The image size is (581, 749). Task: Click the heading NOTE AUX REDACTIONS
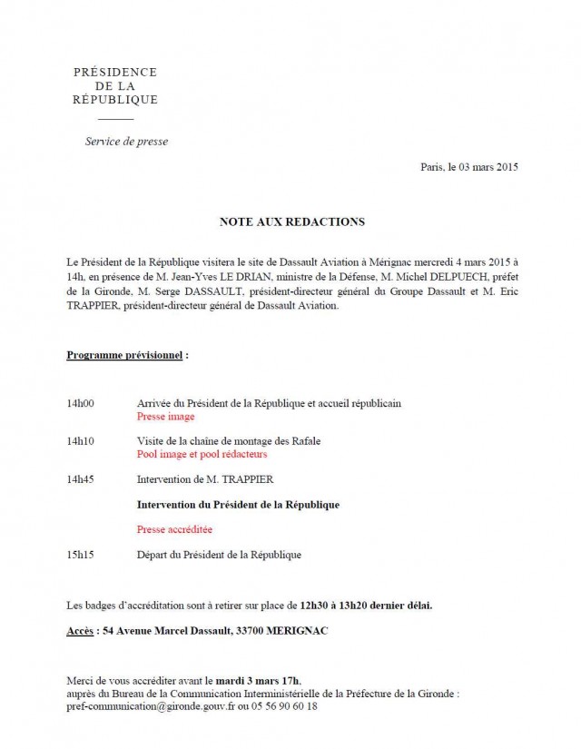(x=290, y=222)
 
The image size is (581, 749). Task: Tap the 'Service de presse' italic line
(x=126, y=142)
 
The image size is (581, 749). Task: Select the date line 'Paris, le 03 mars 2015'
(x=469, y=167)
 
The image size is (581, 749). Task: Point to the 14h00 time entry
(x=81, y=402)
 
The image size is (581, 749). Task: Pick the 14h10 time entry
(x=81, y=440)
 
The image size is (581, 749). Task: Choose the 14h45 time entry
(x=81, y=478)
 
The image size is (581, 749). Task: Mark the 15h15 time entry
(x=81, y=554)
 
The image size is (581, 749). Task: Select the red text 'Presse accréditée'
(x=174, y=528)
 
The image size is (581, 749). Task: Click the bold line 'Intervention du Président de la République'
(x=238, y=504)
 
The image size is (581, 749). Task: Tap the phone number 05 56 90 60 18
(x=287, y=705)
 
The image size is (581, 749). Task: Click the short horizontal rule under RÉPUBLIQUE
(x=115, y=118)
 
